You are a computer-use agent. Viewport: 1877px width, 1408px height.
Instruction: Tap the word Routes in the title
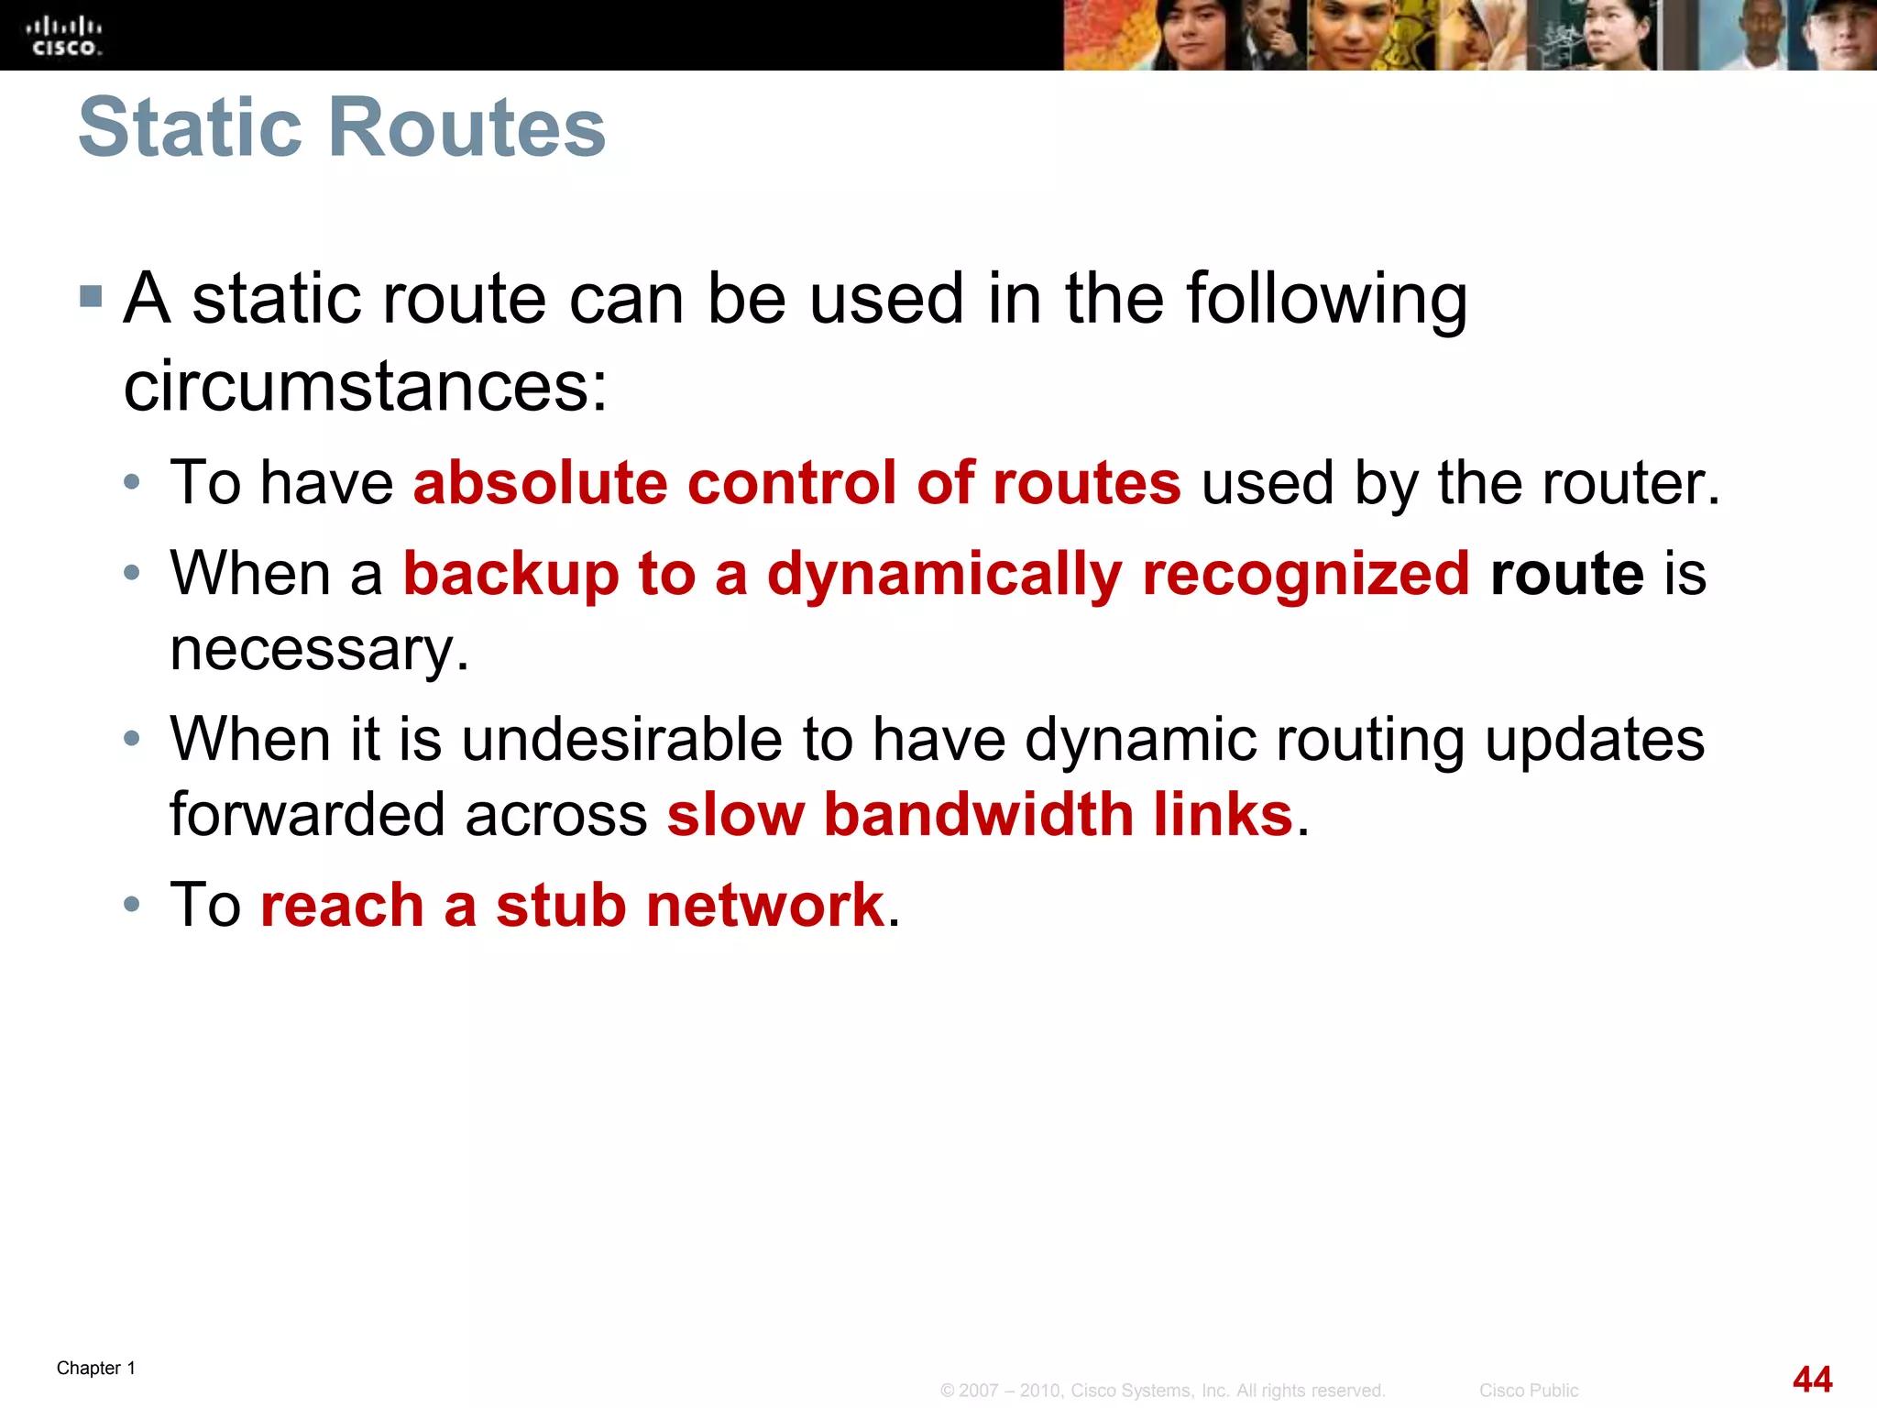[x=467, y=127]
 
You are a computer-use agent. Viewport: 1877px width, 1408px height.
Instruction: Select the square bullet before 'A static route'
[x=91, y=296]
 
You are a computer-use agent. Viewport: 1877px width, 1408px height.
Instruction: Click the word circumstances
[x=365, y=386]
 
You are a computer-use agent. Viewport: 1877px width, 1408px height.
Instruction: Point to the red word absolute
[x=541, y=483]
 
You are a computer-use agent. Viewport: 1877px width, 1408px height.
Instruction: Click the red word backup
[x=510, y=575]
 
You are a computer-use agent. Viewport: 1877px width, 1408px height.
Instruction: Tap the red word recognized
[x=1306, y=575]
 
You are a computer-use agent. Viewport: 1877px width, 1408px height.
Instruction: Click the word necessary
[x=319, y=650]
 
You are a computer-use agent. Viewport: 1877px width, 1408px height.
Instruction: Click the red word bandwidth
[x=979, y=814]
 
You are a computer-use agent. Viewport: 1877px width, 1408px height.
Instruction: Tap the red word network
[x=764, y=906]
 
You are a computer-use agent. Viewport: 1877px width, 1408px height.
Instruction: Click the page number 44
[x=1812, y=1379]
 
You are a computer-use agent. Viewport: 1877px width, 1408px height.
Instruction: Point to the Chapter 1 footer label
[x=96, y=1369]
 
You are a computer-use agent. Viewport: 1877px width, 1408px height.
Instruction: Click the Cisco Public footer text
[x=1528, y=1391]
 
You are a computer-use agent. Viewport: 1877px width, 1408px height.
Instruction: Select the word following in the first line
[x=1326, y=300]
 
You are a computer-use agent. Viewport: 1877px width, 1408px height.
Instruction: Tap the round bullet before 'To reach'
[x=132, y=905]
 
